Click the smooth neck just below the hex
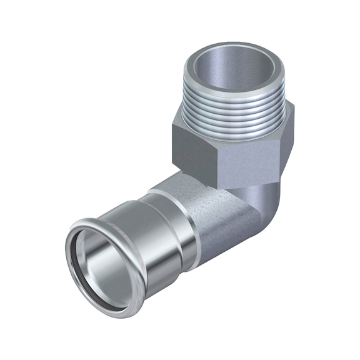click(250, 187)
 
